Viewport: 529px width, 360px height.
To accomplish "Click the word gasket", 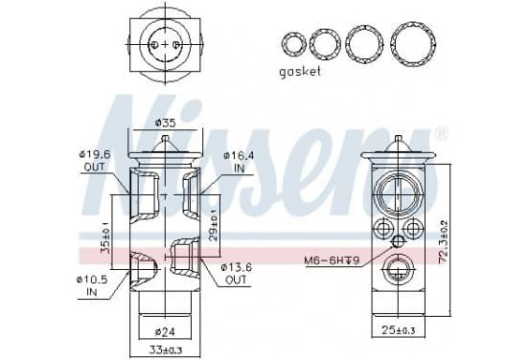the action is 300,72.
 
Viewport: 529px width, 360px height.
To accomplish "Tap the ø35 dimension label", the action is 165,124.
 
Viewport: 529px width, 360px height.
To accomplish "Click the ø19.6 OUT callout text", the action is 95,161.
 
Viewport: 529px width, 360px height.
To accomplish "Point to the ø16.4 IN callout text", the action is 239,162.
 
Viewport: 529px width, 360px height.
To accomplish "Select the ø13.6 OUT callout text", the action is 236,274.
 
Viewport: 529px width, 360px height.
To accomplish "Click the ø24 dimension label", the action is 165,332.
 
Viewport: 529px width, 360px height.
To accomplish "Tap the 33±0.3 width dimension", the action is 166,350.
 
